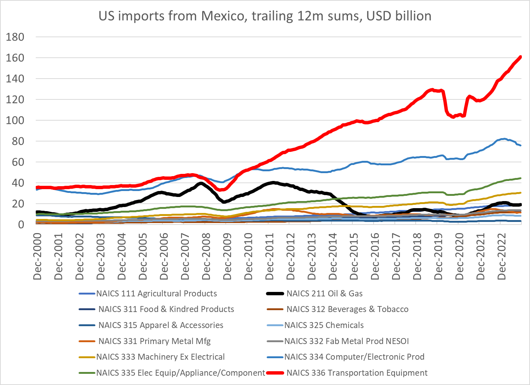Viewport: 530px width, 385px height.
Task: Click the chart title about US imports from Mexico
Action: pyautogui.click(x=265, y=16)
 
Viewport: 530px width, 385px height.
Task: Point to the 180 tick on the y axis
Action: pyautogui.click(x=15, y=37)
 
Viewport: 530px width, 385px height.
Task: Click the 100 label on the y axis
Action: pyautogui.click(x=15, y=121)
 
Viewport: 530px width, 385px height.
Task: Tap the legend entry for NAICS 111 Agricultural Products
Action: pyautogui.click(x=156, y=293)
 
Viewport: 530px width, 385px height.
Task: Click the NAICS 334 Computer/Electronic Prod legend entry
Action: pyautogui.click(x=354, y=357)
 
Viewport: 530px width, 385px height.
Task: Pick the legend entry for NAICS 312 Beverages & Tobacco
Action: pyautogui.click(x=347, y=309)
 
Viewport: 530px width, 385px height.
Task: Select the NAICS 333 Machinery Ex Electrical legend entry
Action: pyautogui.click(x=161, y=357)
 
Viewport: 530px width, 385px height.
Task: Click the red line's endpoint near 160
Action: pyautogui.click(x=520, y=57)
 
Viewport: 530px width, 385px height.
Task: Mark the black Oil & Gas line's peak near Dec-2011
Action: pyautogui.click(x=273, y=182)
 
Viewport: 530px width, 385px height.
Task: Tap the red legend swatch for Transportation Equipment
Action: pyautogui.click(x=275, y=373)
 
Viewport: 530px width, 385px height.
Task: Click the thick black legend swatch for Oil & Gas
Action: pyautogui.click(x=275, y=293)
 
